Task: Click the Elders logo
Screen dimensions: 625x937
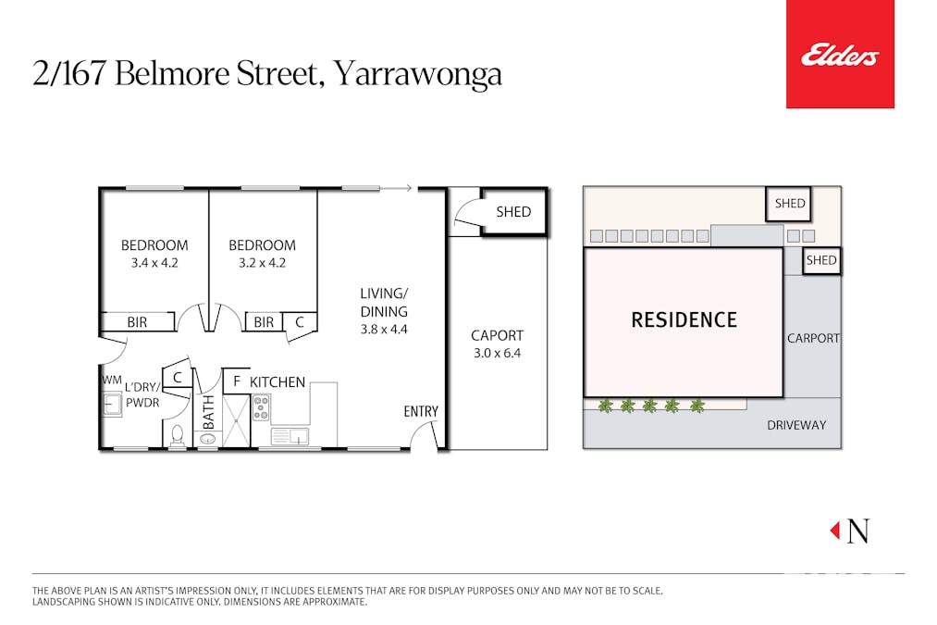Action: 840,56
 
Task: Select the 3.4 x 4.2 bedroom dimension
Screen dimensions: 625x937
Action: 154,262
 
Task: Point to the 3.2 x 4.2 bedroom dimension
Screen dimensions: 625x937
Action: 263,262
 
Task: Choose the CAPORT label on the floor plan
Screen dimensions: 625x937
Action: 497,335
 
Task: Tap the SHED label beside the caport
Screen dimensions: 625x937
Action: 513,211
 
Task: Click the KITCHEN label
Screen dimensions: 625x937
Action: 277,381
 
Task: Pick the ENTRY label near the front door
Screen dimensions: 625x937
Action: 421,411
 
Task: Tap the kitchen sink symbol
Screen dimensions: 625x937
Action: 290,436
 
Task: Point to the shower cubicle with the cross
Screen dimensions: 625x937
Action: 236,421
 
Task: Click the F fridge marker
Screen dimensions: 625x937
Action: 236,381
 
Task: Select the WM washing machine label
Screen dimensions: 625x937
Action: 112,380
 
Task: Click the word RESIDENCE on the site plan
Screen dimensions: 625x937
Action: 684,320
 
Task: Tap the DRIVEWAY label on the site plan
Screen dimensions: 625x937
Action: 796,425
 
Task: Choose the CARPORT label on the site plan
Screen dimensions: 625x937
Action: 813,338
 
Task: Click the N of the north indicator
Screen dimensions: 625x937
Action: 858,531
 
